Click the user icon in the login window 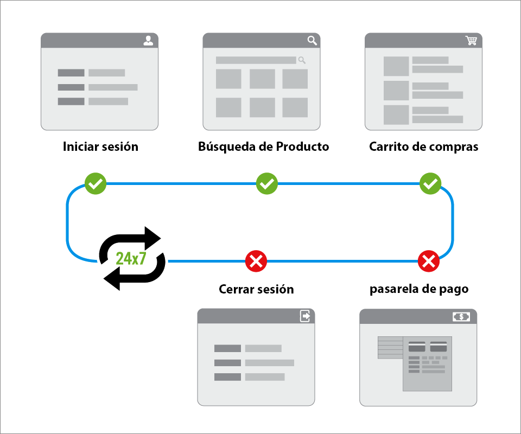pos(148,41)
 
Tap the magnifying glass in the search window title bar pos(312,41)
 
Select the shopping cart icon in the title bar pos(471,41)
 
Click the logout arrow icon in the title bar pos(306,316)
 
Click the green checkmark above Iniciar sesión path pos(96,184)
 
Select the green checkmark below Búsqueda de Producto pos(266,184)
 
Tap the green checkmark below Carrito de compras pos(430,184)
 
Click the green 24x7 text pos(131,258)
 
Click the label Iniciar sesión pos(100,147)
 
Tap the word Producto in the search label pos(302,147)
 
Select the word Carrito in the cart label pos(387,147)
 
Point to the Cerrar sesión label pos(256,289)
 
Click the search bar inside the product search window pos(256,60)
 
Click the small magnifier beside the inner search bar pos(302,60)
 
